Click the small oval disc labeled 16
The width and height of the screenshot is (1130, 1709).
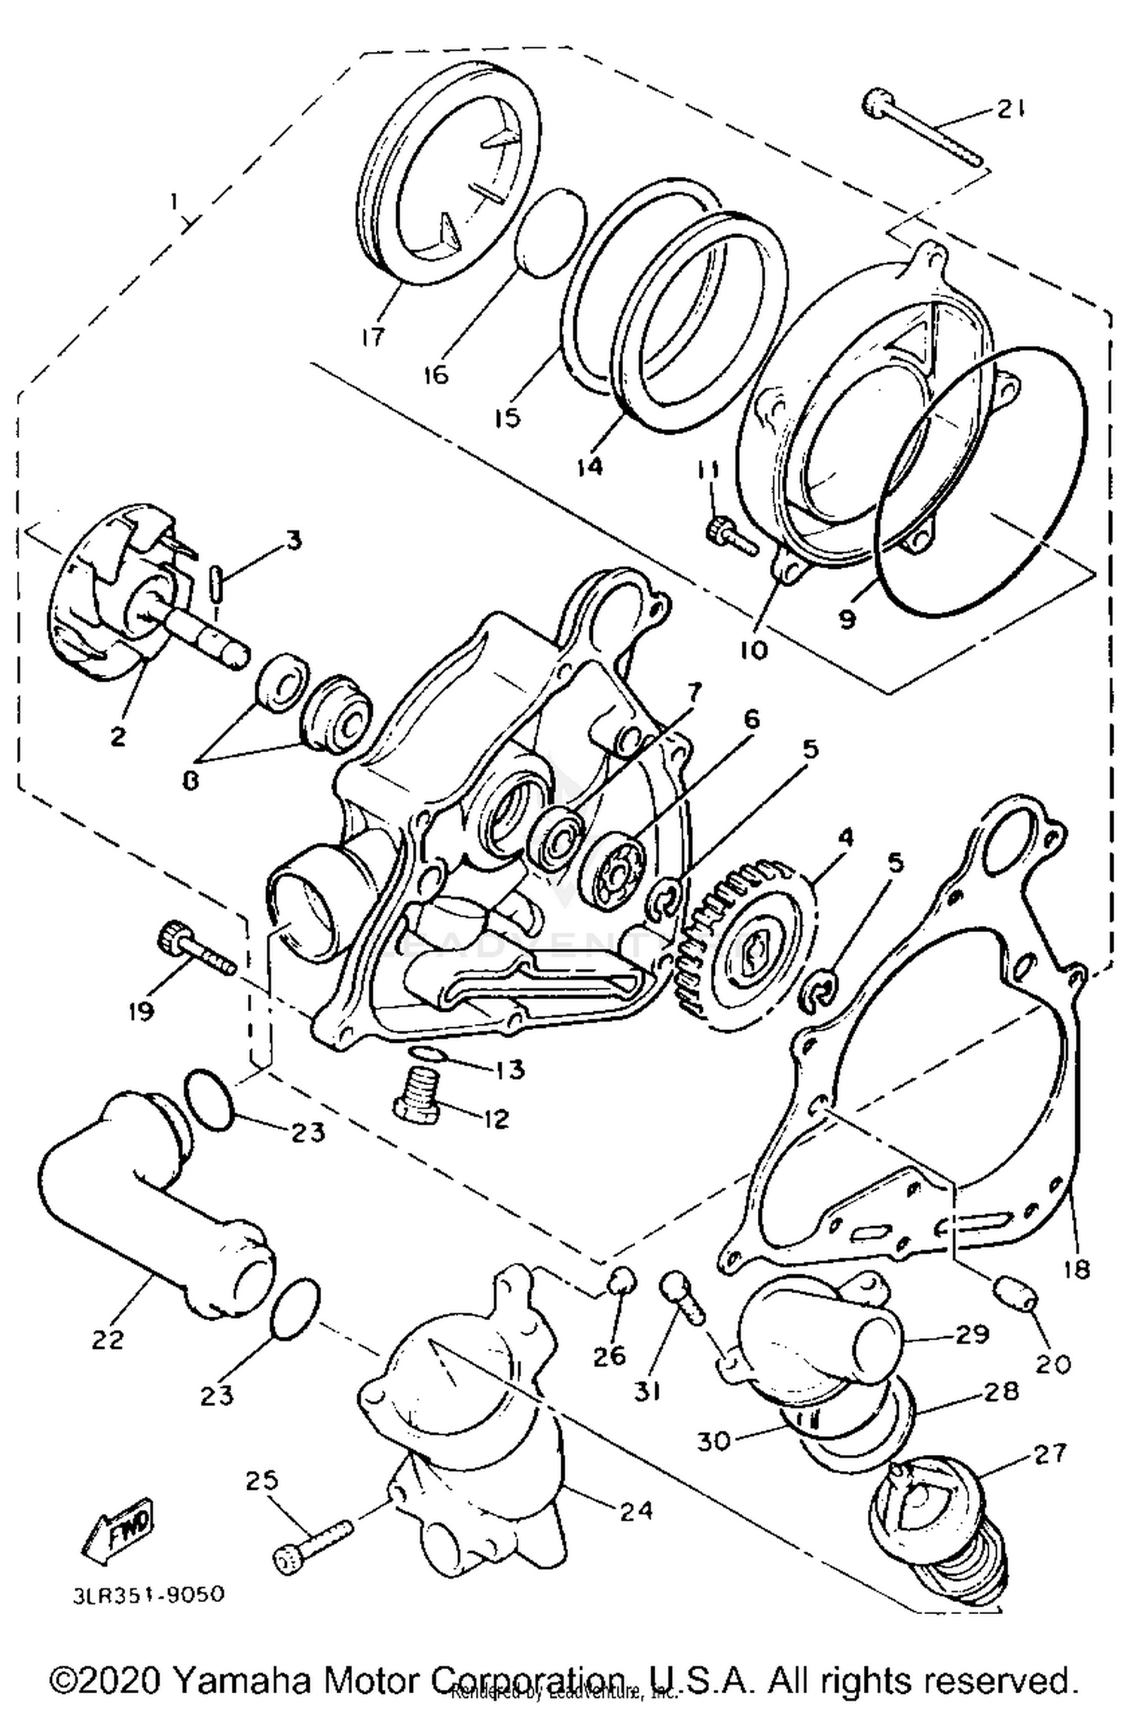click(x=551, y=234)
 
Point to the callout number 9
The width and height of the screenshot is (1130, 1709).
click(x=847, y=619)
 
